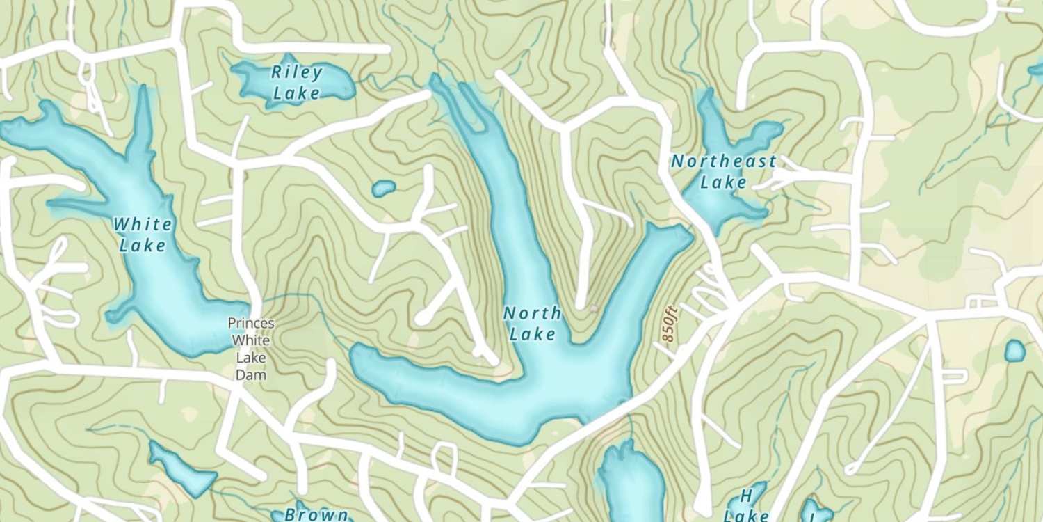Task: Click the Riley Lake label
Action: [297, 82]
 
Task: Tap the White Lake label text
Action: [143, 235]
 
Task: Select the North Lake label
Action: [532, 324]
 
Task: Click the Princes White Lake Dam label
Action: [251, 349]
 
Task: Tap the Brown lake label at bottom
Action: [317, 515]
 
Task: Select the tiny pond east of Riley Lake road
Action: [383, 188]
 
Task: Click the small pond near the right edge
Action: [1014, 351]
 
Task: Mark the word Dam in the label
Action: [251, 375]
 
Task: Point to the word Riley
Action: [297, 72]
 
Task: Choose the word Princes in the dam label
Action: [251, 324]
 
